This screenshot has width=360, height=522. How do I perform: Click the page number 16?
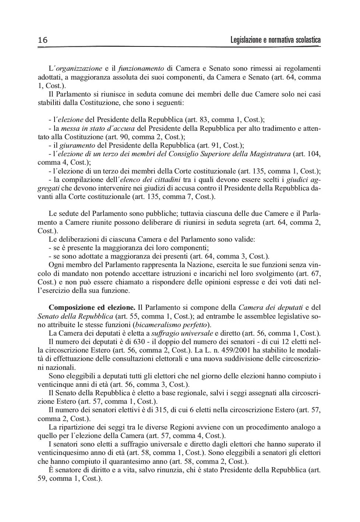click(43, 40)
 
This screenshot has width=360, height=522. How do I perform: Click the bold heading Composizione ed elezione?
click(92, 307)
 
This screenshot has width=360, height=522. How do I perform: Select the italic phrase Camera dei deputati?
click(271, 307)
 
